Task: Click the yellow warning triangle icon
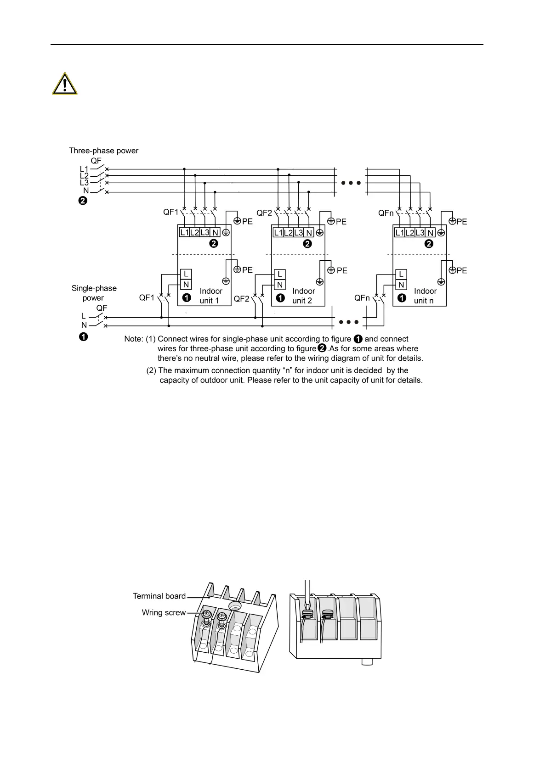pos(65,84)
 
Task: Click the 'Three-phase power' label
pos(103,151)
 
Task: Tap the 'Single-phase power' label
pos(94,293)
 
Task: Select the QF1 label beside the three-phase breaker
pos(170,212)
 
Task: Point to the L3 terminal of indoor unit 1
pos(205,232)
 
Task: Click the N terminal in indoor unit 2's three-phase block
pos(309,233)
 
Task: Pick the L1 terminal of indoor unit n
pos(399,233)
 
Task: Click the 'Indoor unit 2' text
pos(303,296)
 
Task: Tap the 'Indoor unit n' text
pos(425,296)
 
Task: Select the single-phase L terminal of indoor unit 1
pos(186,274)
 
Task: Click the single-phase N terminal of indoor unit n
pos(401,285)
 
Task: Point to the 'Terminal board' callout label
pos(159,596)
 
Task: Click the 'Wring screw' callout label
pos(164,612)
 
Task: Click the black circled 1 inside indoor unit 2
pos(280,297)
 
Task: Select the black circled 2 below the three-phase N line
pos(83,201)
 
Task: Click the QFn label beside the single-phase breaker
pos(362,298)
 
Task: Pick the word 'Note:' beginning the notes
pos(134,339)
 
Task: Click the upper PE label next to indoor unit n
pos(461,222)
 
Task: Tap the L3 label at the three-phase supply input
pos(84,183)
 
